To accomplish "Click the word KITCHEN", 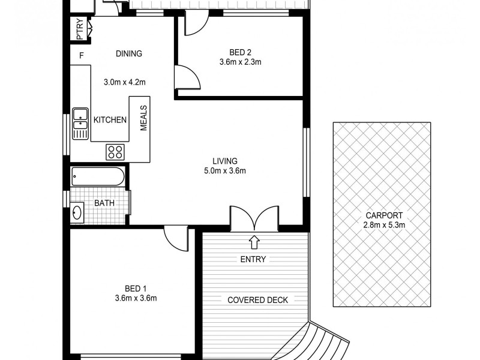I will (110, 120).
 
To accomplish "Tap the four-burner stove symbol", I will (115, 152).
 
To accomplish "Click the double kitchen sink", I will (80, 123).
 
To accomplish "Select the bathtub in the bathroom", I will (98, 177).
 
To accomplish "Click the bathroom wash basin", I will (77, 212).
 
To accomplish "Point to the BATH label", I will (104, 203).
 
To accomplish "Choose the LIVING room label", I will (225, 161).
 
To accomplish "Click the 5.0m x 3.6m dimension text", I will (225, 170).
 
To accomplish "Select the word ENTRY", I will (253, 260).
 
